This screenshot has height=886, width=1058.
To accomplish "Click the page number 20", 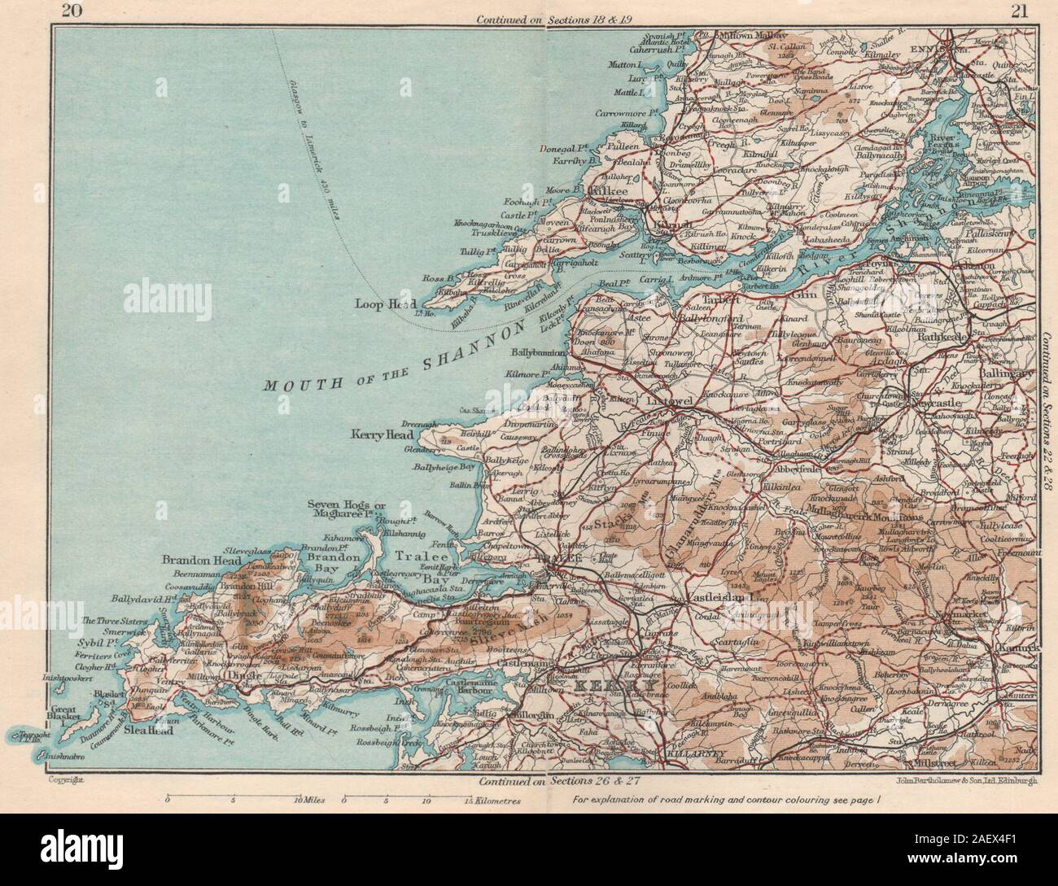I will click(58, 10).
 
